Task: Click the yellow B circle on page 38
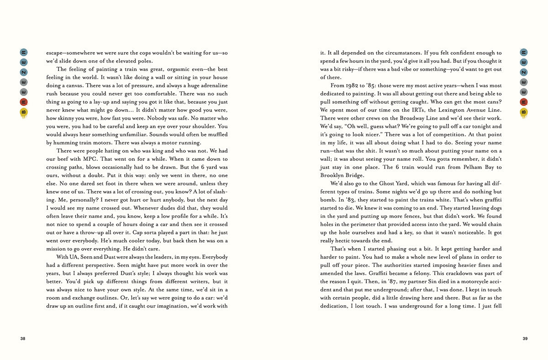[24, 112]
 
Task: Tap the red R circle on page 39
[524, 102]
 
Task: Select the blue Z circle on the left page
[24, 72]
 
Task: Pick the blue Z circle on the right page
[524, 72]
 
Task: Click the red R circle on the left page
[24, 102]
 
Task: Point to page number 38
[23, 339]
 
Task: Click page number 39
[525, 339]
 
